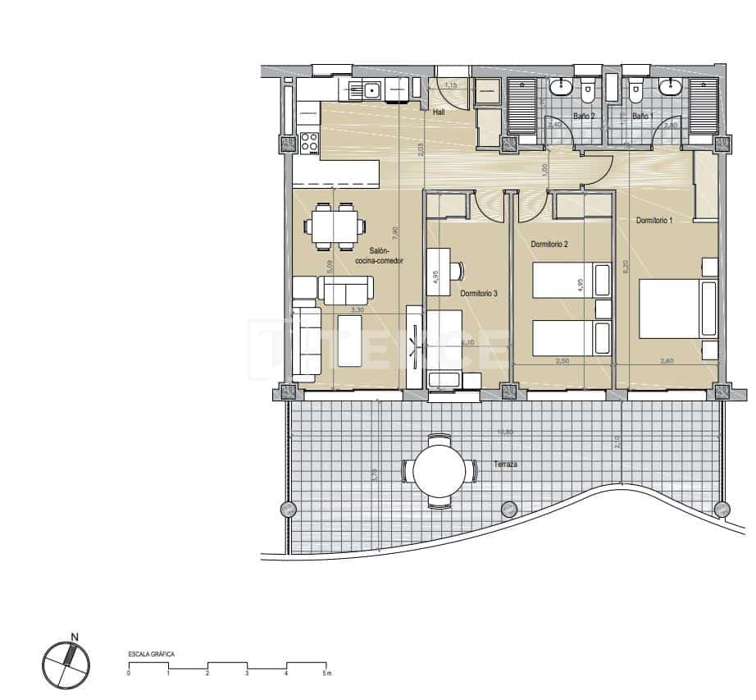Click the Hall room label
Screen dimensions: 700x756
pyautogui.click(x=439, y=112)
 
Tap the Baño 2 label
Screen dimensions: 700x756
pyautogui.click(x=584, y=117)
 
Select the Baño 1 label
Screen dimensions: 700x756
pyautogui.click(x=641, y=117)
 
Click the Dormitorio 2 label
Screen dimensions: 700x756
pyautogui.click(x=549, y=244)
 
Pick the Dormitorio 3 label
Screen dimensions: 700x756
pyautogui.click(x=479, y=293)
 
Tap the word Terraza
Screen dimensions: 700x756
pyautogui.click(x=506, y=464)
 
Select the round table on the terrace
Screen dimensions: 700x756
pyautogui.click(x=439, y=471)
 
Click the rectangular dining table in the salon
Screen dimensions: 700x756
pyautogui.click(x=335, y=225)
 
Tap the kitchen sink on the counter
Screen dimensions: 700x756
pyautogui.click(x=371, y=89)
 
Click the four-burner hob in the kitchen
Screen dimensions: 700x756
pyautogui.click(x=309, y=142)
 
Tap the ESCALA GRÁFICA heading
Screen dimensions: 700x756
pyautogui.click(x=151, y=654)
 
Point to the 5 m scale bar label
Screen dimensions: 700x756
pyautogui.click(x=326, y=674)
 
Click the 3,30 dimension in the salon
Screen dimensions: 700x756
pyautogui.click(x=356, y=310)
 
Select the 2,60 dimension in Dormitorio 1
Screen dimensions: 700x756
pyautogui.click(x=667, y=359)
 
